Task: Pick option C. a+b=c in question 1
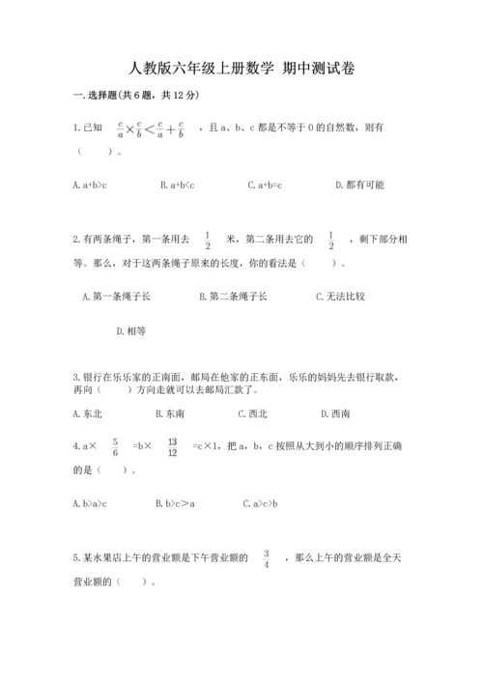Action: click(264, 185)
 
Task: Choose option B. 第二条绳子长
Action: click(233, 297)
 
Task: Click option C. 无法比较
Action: click(340, 297)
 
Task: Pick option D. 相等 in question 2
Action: click(130, 330)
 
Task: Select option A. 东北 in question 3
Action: click(88, 413)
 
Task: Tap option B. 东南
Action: click(170, 413)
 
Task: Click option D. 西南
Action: click(335, 413)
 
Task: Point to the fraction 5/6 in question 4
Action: click(115, 446)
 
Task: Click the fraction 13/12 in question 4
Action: click(172, 446)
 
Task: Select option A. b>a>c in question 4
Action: click(90, 502)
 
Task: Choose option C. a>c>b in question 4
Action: click(261, 502)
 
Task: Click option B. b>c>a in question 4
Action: click(175, 502)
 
